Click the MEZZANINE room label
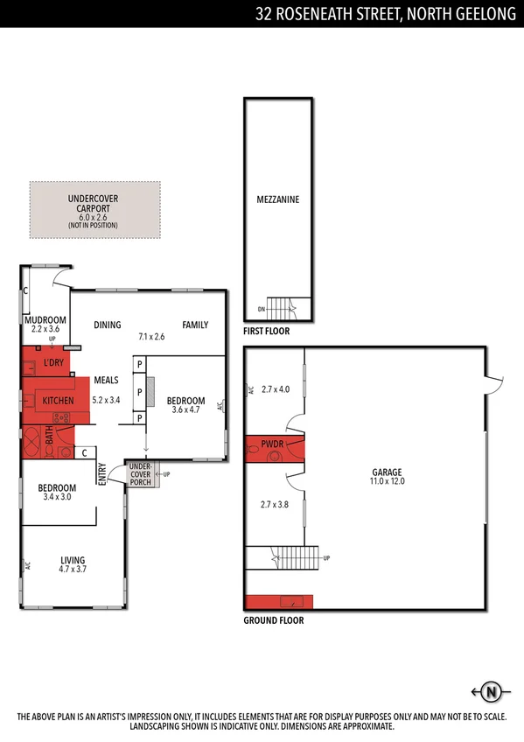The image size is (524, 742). tap(278, 199)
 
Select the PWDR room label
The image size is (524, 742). tap(272, 445)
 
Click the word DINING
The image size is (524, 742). tap(107, 325)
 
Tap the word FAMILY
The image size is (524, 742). tap(195, 325)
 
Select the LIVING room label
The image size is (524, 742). tap(73, 561)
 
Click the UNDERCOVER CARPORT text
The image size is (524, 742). tap(94, 204)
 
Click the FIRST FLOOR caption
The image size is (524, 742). tap(267, 332)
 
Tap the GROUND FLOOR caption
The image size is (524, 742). tap(274, 620)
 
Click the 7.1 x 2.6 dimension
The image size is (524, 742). tap(151, 336)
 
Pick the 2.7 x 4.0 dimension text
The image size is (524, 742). tap(275, 389)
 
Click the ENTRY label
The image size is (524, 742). tap(102, 474)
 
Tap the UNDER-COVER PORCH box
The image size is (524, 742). tap(140, 475)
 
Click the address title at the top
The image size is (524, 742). tap(385, 13)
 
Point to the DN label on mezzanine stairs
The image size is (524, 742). tap(262, 309)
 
